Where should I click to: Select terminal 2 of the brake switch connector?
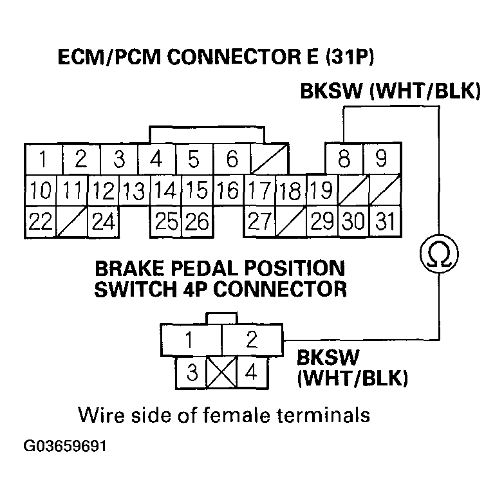pos(252,339)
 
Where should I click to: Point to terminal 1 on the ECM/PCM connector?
pos(41,158)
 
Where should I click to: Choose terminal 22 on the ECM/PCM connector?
pos(40,221)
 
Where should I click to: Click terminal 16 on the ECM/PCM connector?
pos(228,190)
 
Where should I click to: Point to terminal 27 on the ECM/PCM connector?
pos(259,221)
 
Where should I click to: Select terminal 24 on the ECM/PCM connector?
pos(103,221)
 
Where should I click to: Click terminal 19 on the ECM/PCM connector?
pos(321,190)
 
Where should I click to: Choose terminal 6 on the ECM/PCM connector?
pos(232,158)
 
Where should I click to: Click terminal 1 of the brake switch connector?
pos(191,339)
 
